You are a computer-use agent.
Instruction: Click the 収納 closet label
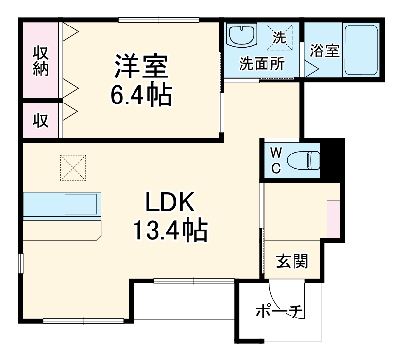click(41, 59)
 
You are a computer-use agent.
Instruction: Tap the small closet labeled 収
click(41, 120)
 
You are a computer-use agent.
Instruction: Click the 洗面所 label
click(261, 63)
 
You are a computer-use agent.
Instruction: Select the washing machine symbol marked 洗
click(279, 37)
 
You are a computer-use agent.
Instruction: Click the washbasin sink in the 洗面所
click(242, 35)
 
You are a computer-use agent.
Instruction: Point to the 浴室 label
click(324, 51)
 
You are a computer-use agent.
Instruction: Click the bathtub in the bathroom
click(360, 50)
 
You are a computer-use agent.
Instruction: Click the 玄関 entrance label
click(292, 261)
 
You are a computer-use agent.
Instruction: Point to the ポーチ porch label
click(278, 310)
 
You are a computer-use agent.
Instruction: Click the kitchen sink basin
click(81, 204)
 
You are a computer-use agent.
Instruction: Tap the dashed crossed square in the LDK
click(73, 167)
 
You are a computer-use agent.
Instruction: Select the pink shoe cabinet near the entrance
click(334, 219)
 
